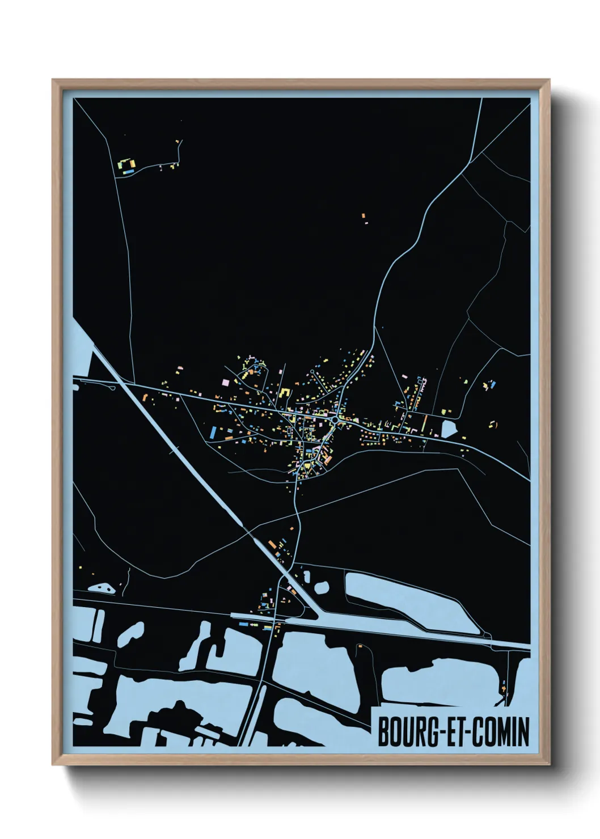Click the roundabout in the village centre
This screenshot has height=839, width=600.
[x=337, y=419]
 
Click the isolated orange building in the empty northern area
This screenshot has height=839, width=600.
[x=364, y=215]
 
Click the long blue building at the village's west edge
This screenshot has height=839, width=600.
[x=213, y=433]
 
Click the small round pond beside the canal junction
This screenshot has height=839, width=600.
[x=321, y=586]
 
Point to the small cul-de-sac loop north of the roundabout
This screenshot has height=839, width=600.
[x=312, y=372]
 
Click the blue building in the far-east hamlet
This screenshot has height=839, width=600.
[x=492, y=384]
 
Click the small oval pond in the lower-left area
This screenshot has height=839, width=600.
[x=104, y=588]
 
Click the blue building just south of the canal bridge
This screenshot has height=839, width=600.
[x=244, y=624]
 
